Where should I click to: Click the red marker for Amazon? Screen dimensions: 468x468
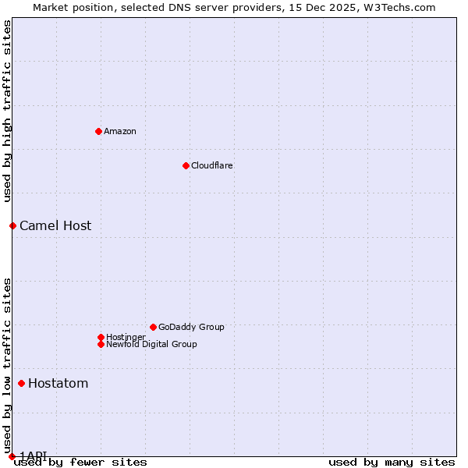98,131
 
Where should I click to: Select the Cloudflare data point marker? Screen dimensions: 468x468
186,165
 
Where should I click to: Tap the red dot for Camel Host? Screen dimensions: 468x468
12,225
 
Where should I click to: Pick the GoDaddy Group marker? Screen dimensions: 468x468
153,327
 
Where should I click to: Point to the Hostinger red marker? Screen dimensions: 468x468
101,337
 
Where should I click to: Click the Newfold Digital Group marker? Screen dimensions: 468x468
101,344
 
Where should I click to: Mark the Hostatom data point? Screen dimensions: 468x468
21,383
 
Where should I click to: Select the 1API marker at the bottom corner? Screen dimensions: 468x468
12,456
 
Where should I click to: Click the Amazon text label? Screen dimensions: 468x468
120,131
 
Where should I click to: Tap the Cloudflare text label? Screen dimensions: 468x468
212,165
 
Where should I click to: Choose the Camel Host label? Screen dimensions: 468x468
55,226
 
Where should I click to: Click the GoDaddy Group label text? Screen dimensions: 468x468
191,327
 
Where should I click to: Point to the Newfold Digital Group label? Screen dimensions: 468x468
152,344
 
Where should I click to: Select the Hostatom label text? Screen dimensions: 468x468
58,384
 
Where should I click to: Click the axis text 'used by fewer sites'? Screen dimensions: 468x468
80,463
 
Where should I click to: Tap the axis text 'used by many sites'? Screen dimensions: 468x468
392,463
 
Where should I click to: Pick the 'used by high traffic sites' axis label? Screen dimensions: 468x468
7,112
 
